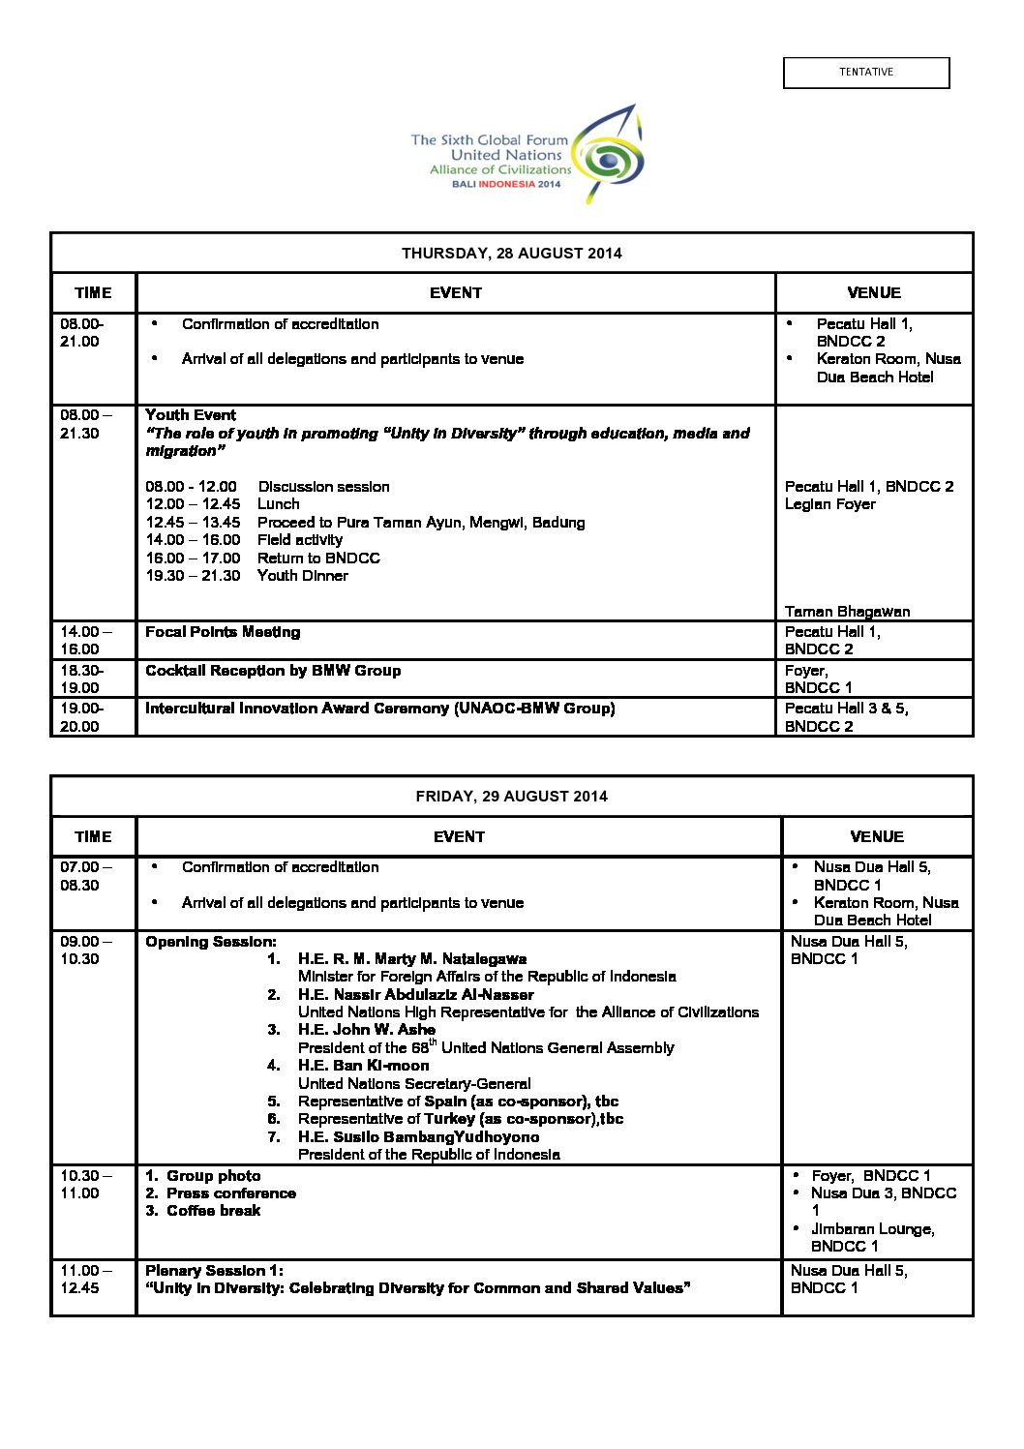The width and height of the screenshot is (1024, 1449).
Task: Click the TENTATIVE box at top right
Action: click(866, 73)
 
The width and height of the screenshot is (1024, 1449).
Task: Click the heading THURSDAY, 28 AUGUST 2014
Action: click(511, 254)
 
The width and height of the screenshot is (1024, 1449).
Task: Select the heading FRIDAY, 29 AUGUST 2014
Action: click(511, 797)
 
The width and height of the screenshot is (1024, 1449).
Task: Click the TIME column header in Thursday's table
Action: click(93, 293)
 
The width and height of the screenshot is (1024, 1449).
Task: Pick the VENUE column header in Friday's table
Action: click(877, 836)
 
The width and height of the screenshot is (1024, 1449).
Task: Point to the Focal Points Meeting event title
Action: click(223, 632)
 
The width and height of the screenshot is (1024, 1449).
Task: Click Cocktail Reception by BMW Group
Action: click(273, 671)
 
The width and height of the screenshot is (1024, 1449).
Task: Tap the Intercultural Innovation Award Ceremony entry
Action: click(379, 709)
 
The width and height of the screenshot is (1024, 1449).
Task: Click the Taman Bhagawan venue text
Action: click(847, 612)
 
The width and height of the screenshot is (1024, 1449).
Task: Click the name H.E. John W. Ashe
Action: click(366, 1030)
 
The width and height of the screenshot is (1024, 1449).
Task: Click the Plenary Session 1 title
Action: click(214, 1271)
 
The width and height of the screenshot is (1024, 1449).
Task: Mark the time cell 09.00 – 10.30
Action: click(85, 950)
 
